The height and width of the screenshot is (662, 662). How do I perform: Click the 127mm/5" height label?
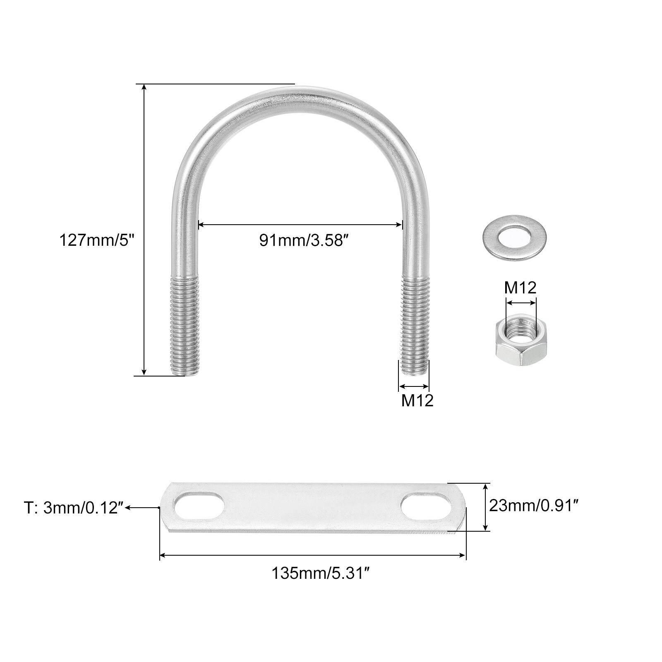(x=98, y=240)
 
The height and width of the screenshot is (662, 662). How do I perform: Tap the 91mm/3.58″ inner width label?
(x=302, y=240)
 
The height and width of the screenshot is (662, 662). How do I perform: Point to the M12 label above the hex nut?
(x=520, y=288)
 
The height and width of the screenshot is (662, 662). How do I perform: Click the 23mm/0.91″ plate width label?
(x=534, y=505)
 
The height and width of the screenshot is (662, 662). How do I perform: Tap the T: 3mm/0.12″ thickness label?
(x=74, y=508)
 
